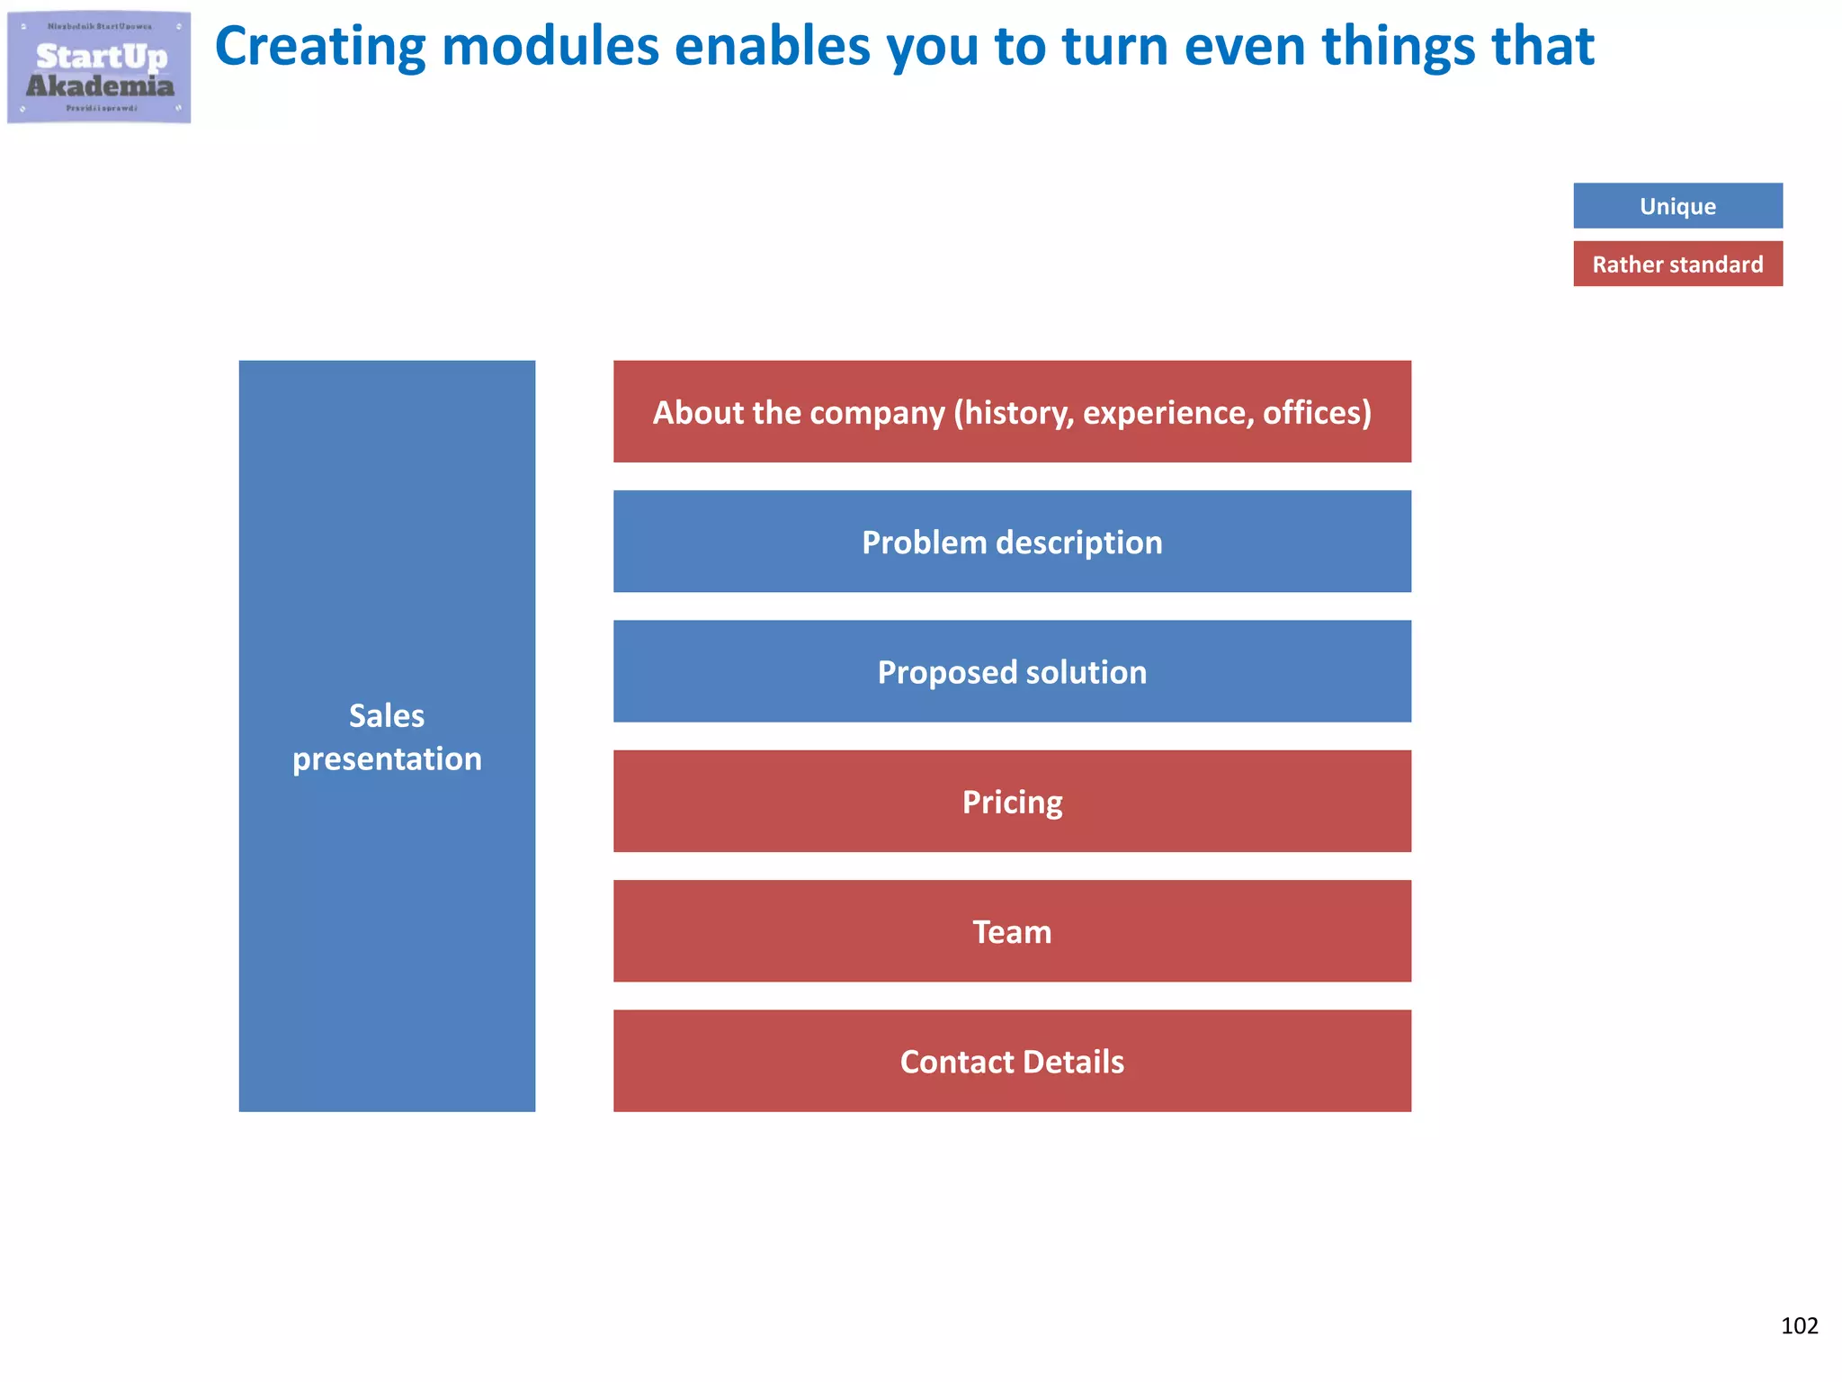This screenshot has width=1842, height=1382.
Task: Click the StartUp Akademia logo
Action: click(x=99, y=67)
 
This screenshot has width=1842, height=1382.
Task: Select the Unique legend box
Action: click(x=1677, y=206)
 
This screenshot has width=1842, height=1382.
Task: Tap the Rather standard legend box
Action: click(x=1677, y=265)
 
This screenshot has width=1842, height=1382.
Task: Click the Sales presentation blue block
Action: click(x=387, y=736)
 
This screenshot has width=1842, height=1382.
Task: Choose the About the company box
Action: click(x=1012, y=412)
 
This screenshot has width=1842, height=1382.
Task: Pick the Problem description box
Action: click(x=1012, y=542)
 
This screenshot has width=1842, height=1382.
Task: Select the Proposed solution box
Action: click(x=1012, y=672)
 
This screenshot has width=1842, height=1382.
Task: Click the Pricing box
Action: click(x=1012, y=802)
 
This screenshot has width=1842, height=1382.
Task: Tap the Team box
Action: click(x=1012, y=931)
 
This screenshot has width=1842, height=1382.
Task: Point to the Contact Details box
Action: click(x=1012, y=1062)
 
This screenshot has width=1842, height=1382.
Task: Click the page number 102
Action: click(x=1799, y=1325)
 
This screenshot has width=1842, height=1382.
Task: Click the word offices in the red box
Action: click(x=1317, y=413)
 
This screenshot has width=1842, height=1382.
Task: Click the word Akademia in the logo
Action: click(x=100, y=86)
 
